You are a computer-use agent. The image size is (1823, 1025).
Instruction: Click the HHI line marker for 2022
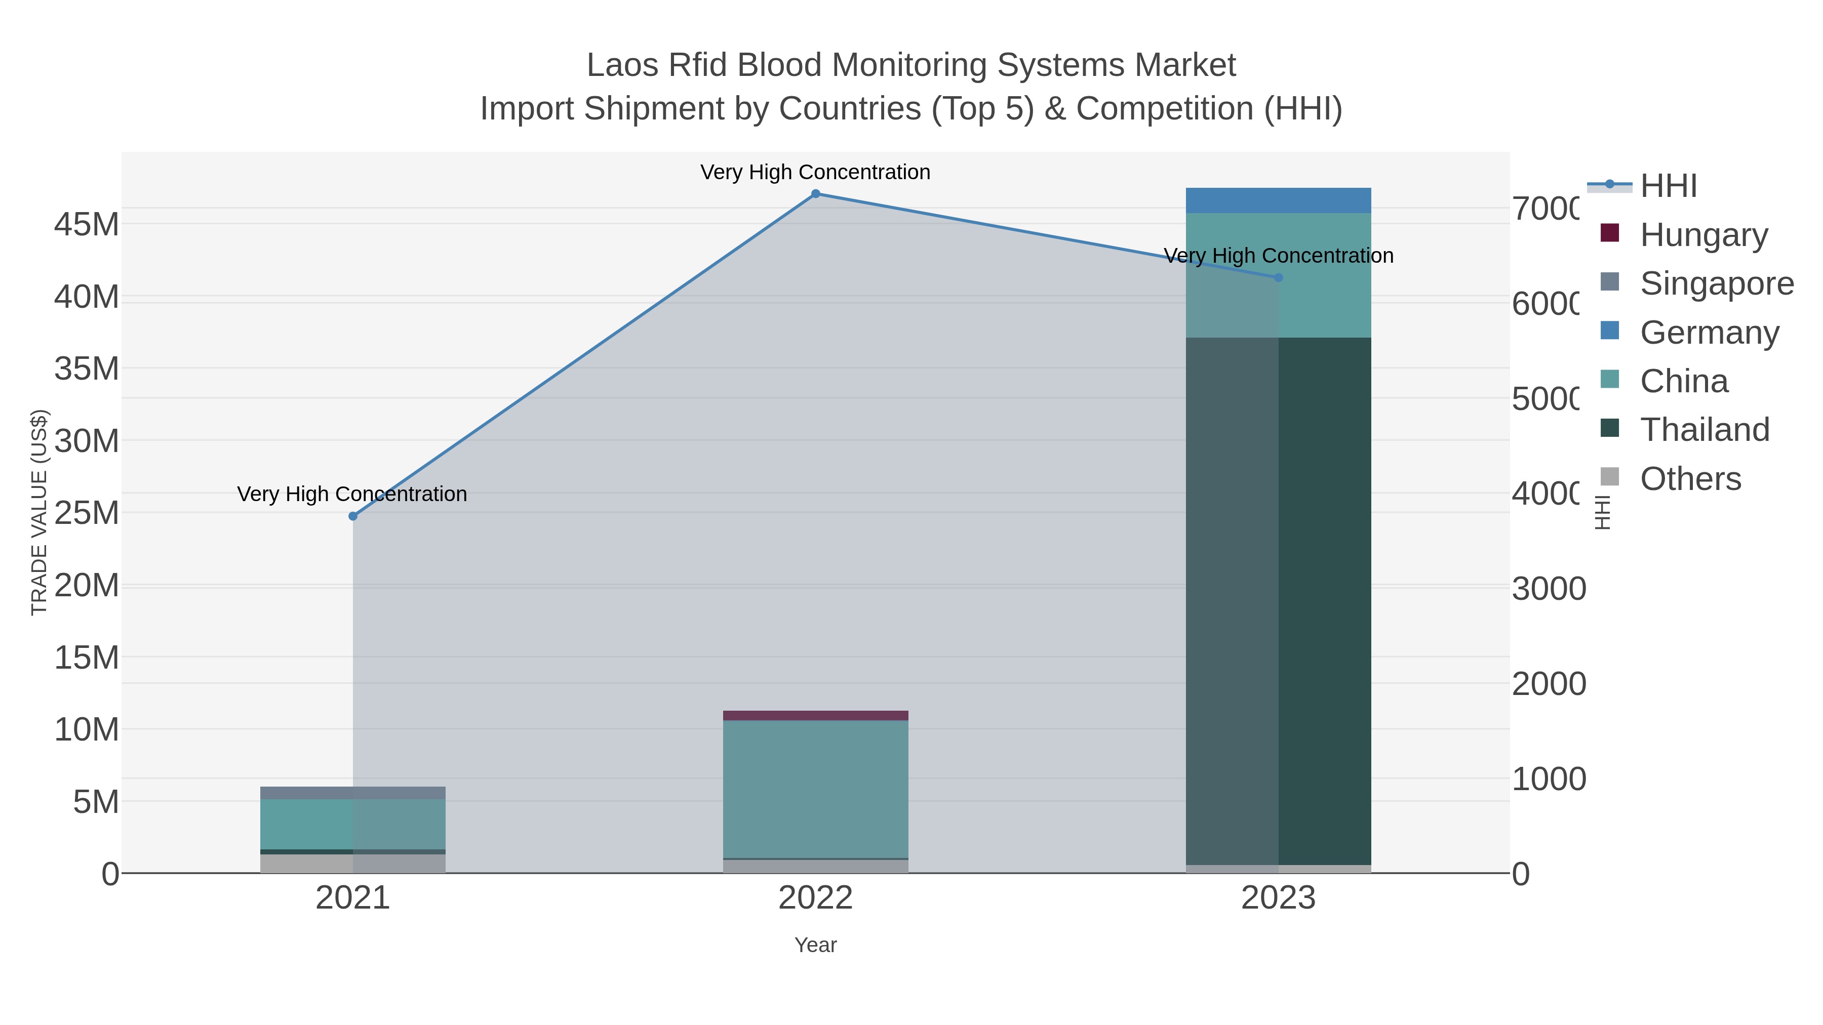click(815, 194)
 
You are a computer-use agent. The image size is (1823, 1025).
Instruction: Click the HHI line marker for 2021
click(353, 516)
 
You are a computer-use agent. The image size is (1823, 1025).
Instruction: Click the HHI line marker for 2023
click(1278, 278)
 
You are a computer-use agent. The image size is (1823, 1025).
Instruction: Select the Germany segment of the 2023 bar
click(1278, 200)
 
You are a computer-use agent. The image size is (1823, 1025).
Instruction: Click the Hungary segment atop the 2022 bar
click(815, 715)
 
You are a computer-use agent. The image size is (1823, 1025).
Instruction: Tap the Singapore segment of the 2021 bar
click(353, 793)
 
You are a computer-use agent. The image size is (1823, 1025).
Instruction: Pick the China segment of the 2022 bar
click(815, 789)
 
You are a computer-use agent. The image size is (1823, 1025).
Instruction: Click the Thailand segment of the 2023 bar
click(1278, 601)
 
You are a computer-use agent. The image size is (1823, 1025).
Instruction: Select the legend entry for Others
click(1690, 479)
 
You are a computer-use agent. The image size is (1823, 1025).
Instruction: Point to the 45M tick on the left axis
click(86, 225)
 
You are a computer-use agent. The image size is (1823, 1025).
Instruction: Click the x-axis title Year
click(815, 945)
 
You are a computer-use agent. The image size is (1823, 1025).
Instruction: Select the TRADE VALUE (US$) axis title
click(39, 512)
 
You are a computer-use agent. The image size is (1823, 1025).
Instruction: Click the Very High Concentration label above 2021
click(352, 494)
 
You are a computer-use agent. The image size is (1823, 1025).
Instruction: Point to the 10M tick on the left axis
click(86, 729)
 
